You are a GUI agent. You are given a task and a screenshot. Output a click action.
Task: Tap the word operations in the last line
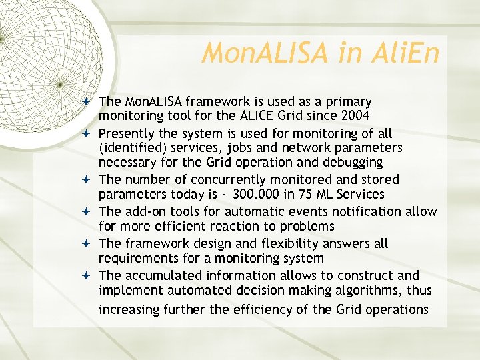point(395,309)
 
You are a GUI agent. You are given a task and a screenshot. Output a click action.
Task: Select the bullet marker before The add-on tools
point(89,212)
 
